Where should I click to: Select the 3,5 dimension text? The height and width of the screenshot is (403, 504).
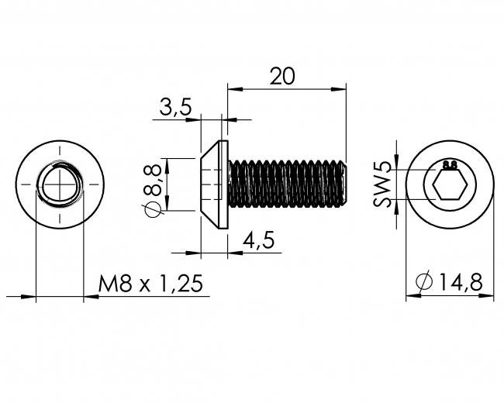pos(175,108)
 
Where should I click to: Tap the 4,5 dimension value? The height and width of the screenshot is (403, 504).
pos(259,240)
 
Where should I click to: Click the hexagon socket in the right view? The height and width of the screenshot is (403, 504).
pos(449,186)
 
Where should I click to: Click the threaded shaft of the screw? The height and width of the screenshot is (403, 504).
pos(287,184)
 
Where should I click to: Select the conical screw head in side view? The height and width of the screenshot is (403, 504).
pos(214,184)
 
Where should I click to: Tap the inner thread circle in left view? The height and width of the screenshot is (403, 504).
pos(60,185)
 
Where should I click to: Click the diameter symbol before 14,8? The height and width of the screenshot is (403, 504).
pos(423,284)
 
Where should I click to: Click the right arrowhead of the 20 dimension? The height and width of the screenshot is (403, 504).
pos(340,88)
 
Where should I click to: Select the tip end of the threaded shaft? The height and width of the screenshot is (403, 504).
pos(343,184)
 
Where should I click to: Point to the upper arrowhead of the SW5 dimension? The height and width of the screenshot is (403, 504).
pos(397,164)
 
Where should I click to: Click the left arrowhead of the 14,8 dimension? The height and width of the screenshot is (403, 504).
pos(410,296)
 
